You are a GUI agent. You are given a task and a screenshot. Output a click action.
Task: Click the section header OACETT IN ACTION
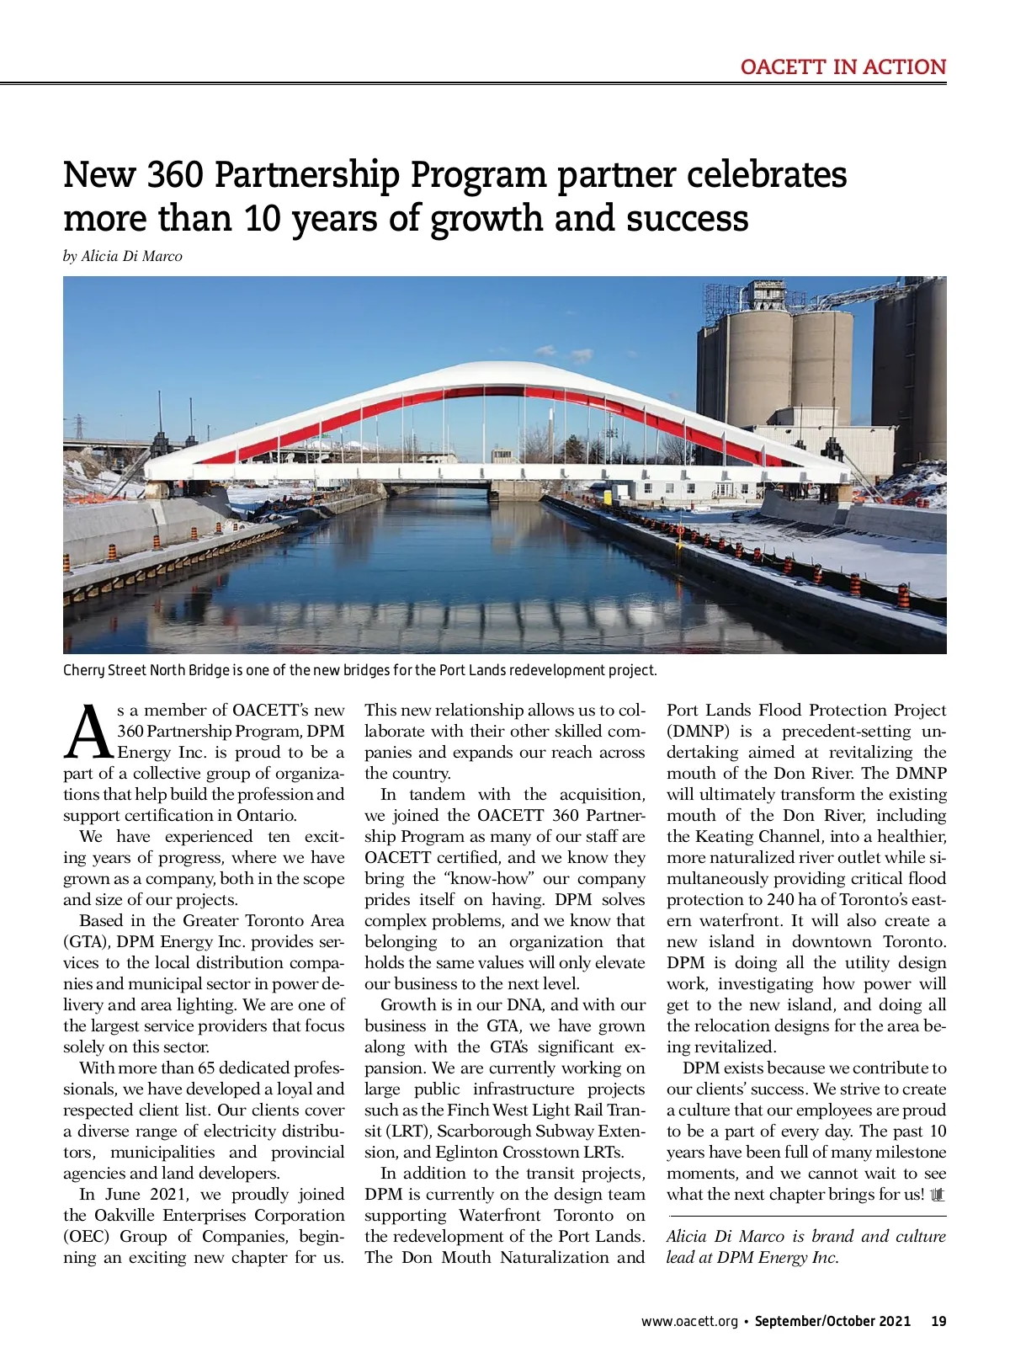(843, 67)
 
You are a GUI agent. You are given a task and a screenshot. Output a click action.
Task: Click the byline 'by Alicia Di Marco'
(123, 256)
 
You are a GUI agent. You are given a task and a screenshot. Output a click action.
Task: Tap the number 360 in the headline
(174, 175)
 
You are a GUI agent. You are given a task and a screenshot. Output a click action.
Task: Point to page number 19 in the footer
(938, 1321)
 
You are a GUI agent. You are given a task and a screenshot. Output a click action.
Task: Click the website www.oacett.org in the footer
(689, 1321)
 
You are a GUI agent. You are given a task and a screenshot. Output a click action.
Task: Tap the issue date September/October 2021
(832, 1321)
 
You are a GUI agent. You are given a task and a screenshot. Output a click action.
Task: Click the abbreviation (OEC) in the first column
(87, 1236)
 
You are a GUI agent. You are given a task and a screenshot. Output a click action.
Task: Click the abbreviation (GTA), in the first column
(87, 941)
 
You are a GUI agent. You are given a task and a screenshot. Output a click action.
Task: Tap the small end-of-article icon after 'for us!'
(938, 1195)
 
